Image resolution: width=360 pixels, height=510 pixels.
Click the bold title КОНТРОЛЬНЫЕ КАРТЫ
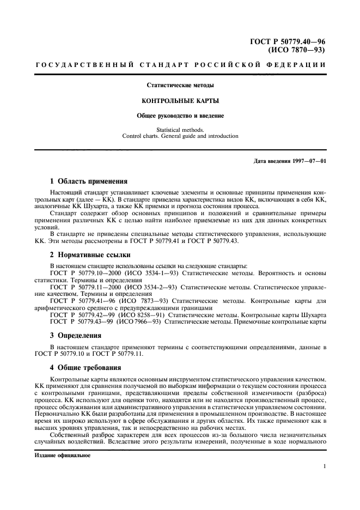(x=180, y=101)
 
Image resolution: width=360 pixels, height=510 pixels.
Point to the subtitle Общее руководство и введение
(x=180, y=116)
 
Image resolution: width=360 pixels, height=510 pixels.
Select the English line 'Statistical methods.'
(x=180, y=130)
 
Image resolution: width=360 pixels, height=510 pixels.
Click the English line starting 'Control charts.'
(x=180, y=136)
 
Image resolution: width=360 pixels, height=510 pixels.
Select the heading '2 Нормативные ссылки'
(x=88, y=255)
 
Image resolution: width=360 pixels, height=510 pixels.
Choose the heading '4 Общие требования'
(x=86, y=368)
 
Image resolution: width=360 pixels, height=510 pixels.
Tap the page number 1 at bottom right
(x=324, y=467)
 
